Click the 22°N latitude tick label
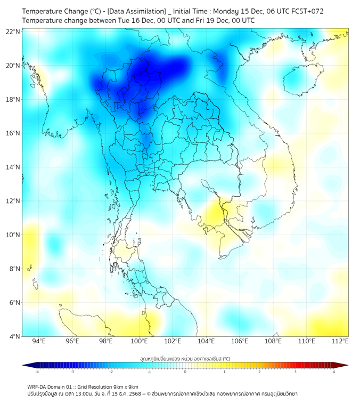click(x=13, y=31)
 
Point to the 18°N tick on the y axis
click(x=13, y=99)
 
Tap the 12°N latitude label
click(x=13, y=201)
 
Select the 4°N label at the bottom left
click(x=14, y=336)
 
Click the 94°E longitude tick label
click(x=39, y=341)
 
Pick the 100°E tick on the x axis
click(x=139, y=341)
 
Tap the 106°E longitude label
click(x=240, y=341)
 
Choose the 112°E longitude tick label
click(x=340, y=341)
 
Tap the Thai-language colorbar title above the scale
click(x=185, y=358)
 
